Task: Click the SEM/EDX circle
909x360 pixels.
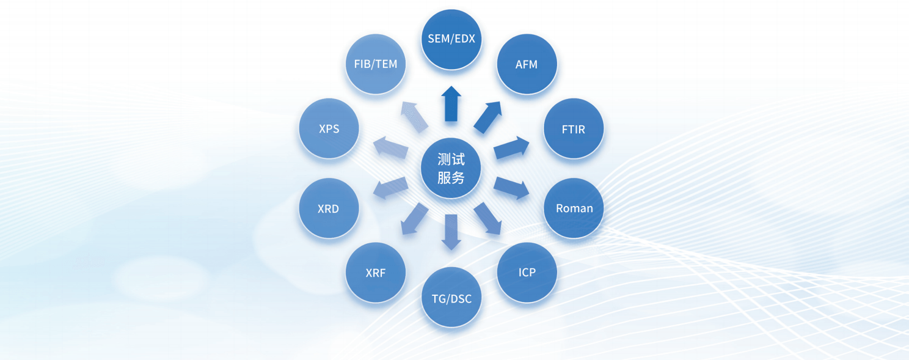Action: [x=451, y=39]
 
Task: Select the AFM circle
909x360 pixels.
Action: [x=527, y=64]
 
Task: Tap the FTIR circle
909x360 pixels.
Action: [x=573, y=130]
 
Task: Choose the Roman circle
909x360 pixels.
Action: [x=574, y=208]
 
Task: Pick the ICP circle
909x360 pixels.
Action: [x=527, y=273]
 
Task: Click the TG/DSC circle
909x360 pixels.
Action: [x=451, y=298]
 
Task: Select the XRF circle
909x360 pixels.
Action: [x=376, y=273]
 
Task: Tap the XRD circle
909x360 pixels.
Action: [x=329, y=208]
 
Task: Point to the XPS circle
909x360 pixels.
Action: [x=329, y=130]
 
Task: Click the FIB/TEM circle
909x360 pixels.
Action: [x=376, y=64]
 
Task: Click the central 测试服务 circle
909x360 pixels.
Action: [x=451, y=169]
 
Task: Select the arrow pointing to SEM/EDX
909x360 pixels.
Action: [x=451, y=104]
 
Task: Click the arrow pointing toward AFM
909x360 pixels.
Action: [x=489, y=117]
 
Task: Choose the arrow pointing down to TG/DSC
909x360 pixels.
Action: [x=451, y=232]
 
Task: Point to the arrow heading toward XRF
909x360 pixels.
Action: [x=415, y=219]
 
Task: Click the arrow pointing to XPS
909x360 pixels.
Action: [x=391, y=149]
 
